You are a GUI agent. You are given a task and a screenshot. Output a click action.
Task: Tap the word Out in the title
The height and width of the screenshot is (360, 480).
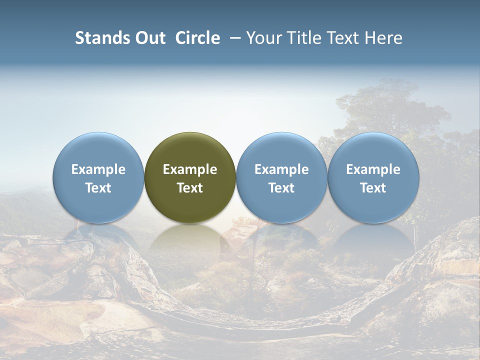(x=149, y=38)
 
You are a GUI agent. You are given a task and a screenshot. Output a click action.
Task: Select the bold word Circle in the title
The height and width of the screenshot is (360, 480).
(x=197, y=38)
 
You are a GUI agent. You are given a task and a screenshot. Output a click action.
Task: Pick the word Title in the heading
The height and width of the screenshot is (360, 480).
(x=304, y=38)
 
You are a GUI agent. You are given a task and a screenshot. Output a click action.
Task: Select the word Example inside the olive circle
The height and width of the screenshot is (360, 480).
(x=190, y=169)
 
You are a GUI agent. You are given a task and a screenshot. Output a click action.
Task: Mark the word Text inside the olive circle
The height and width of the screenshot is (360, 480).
(x=190, y=188)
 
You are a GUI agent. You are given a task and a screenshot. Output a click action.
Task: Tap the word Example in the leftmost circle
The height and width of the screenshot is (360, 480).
(x=98, y=169)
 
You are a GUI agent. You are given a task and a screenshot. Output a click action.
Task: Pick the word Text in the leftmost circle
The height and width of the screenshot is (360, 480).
(x=98, y=188)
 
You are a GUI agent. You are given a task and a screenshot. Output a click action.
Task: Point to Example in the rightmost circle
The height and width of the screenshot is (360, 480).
(x=373, y=169)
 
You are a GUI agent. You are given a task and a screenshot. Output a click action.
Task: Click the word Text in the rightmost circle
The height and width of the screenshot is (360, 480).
(x=373, y=188)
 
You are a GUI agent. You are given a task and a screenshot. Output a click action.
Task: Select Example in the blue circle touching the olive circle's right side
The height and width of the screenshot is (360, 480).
(x=281, y=169)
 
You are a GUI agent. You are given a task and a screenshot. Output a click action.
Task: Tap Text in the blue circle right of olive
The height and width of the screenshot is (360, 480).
(x=281, y=188)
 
